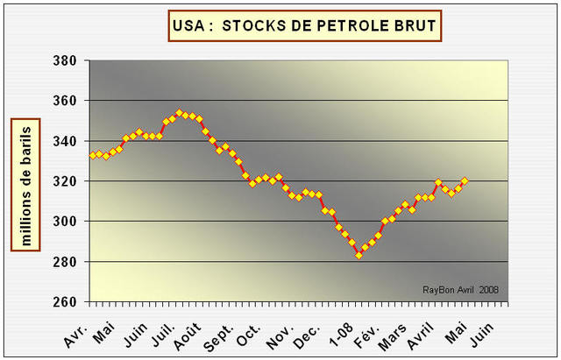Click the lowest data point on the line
coord(359,255)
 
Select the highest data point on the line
coord(179,113)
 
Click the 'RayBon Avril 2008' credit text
coord(462,290)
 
